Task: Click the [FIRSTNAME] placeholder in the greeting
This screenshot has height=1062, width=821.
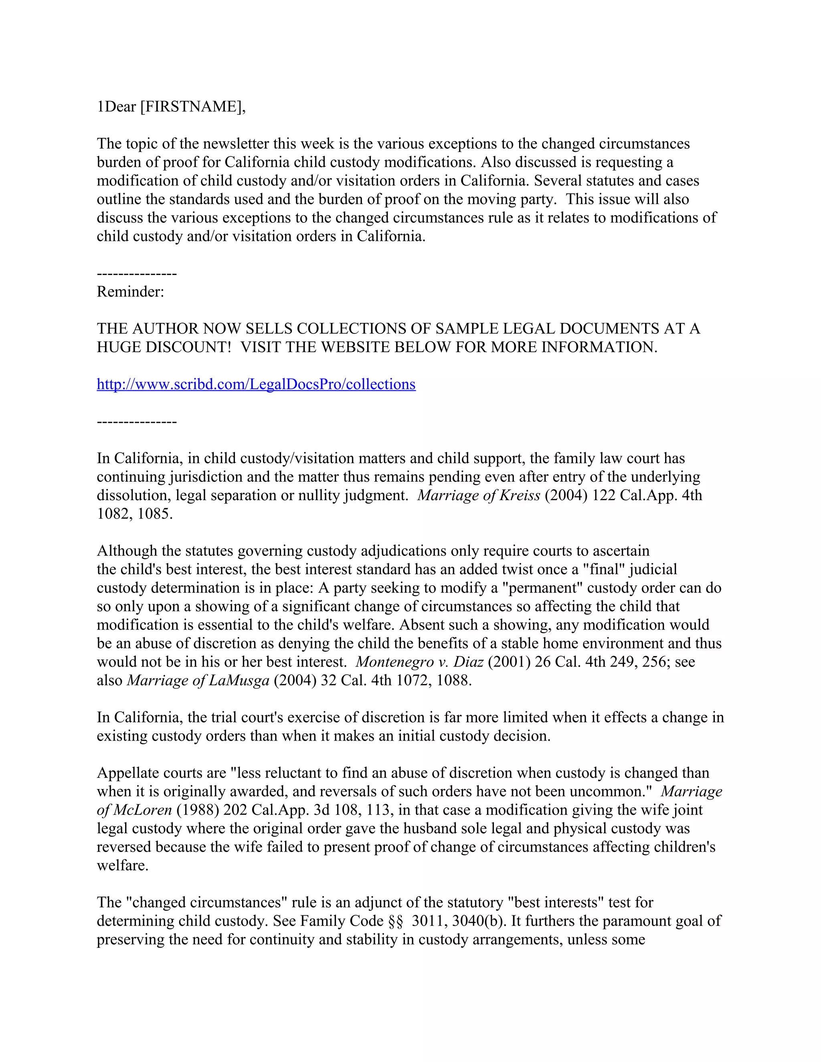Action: [x=192, y=107]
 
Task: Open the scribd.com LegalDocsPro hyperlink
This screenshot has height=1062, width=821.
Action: [x=256, y=384]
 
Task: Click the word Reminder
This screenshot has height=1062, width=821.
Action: [x=130, y=292]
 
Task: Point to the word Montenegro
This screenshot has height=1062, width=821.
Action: [x=394, y=662]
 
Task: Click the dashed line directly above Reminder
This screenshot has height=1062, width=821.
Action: [x=137, y=274]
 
